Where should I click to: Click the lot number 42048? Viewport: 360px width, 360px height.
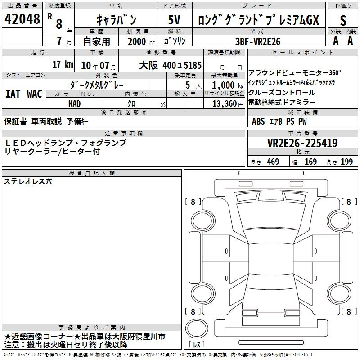click(22, 19)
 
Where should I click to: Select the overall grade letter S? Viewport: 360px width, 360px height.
click(343, 20)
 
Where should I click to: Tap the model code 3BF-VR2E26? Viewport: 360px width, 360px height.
click(258, 41)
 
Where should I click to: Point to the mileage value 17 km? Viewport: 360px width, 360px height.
click(63, 64)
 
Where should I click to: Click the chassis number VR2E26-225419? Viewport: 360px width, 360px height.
click(302, 143)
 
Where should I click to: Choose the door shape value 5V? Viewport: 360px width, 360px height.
click(174, 20)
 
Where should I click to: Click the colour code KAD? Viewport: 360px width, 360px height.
click(74, 104)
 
